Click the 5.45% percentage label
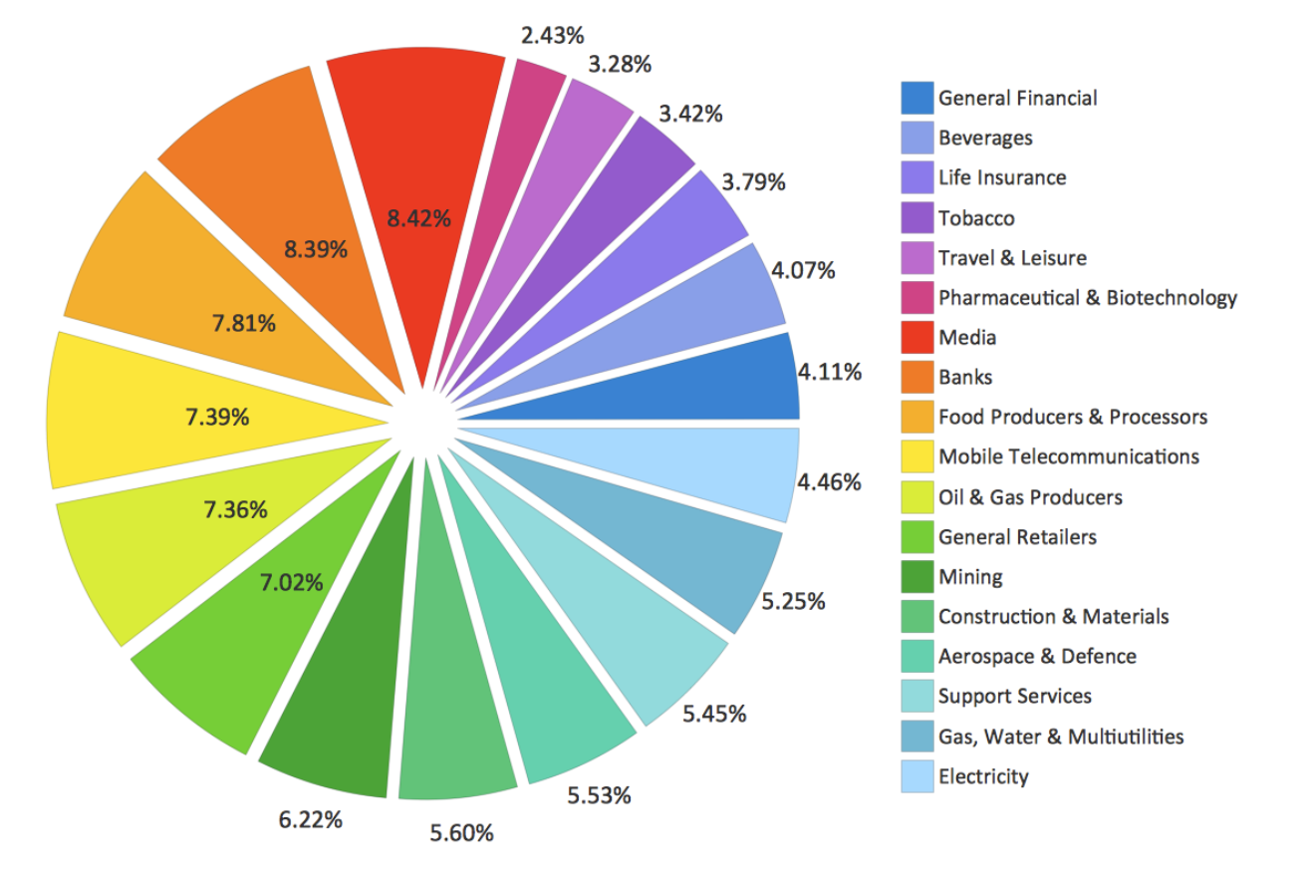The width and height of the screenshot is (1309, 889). pos(714,714)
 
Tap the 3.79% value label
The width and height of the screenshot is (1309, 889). pos(753,182)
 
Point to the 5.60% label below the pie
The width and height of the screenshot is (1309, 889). pos(461,832)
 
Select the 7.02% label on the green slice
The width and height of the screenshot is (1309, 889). pos(291,583)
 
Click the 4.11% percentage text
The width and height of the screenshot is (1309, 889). pos(829,373)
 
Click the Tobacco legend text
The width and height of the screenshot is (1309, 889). pos(976,218)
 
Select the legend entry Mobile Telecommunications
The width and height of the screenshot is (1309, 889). pos(1069,457)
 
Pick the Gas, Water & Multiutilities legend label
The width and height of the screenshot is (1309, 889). pos(1061,737)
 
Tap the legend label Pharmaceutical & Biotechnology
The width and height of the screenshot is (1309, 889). pos(1088,298)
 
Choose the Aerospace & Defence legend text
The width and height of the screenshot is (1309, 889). pos(1037,657)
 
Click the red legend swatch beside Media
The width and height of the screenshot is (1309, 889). pos(917,338)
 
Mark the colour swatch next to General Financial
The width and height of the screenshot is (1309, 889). pos(917,98)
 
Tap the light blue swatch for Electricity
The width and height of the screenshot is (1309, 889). pos(917,776)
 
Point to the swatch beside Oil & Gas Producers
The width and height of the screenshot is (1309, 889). pos(917,497)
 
